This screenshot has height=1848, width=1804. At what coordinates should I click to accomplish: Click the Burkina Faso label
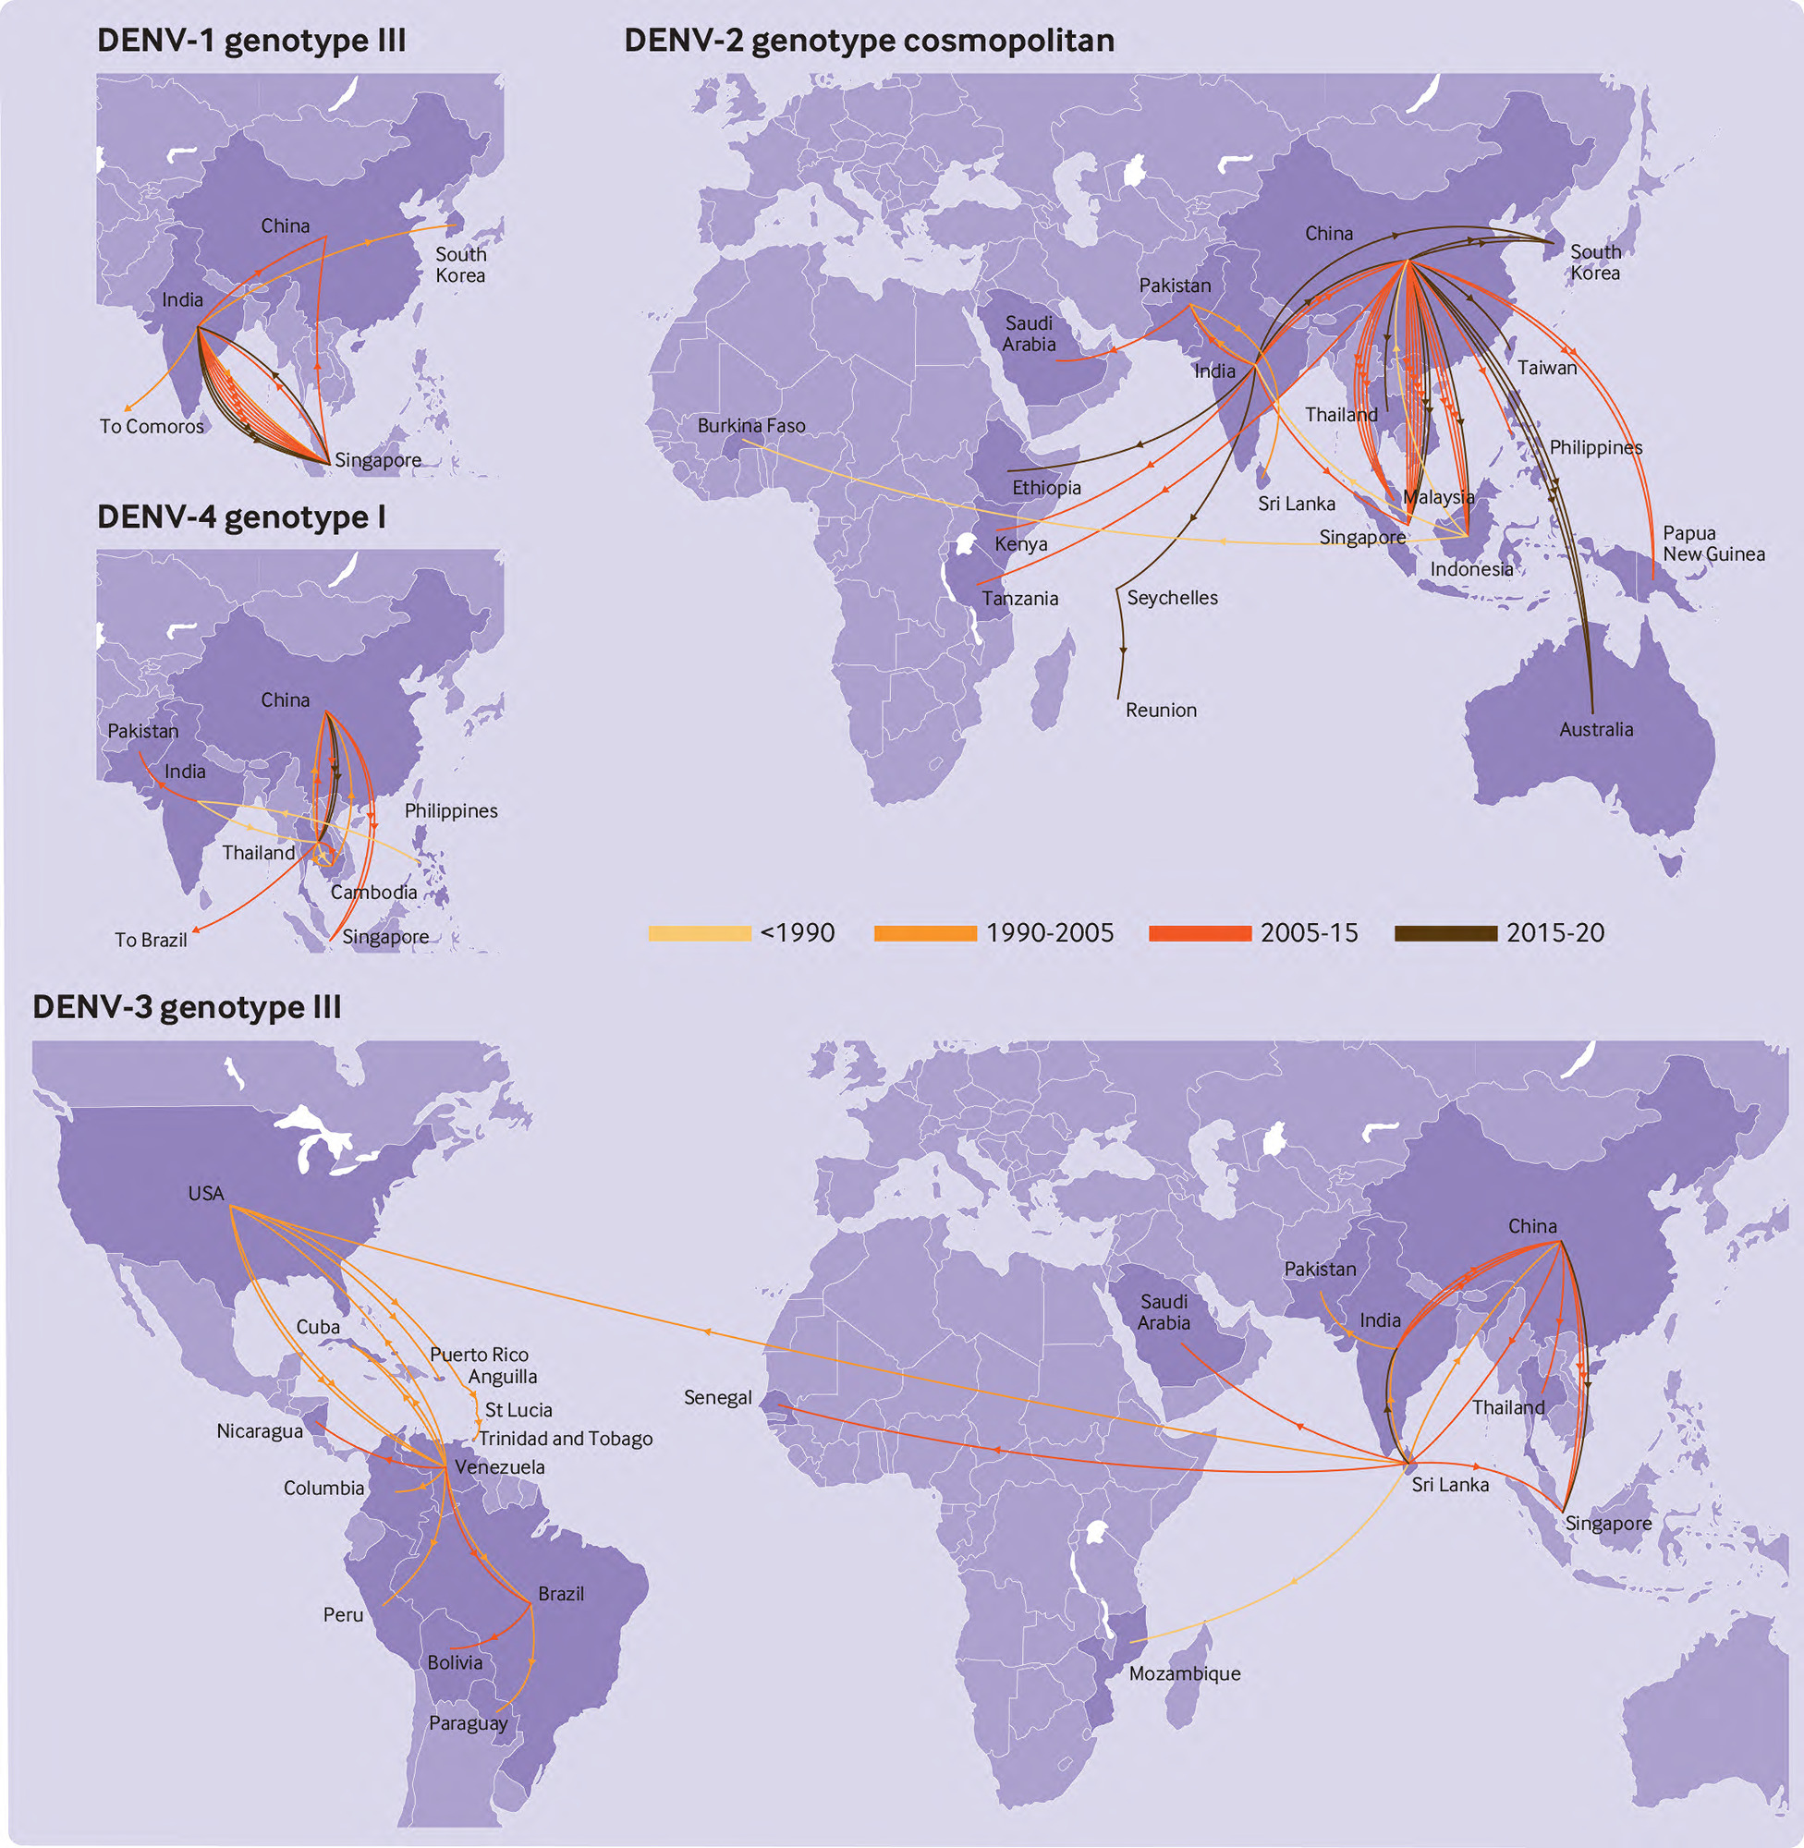click(751, 426)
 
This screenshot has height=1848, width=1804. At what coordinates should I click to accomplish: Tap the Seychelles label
click(1172, 598)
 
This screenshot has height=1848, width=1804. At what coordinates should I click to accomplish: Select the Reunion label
click(1161, 711)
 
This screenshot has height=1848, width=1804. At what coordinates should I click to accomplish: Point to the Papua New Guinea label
click(1713, 543)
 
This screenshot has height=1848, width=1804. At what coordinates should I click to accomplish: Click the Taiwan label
click(1546, 369)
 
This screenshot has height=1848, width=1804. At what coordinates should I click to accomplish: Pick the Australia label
click(1595, 729)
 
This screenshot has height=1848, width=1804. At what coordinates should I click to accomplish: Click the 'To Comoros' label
click(152, 426)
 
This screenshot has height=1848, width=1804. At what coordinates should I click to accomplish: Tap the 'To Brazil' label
click(151, 940)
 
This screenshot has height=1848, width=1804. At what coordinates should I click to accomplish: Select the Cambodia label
click(373, 893)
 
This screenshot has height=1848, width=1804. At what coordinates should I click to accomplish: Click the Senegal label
click(717, 1398)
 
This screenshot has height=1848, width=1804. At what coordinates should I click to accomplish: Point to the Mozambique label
click(1185, 1673)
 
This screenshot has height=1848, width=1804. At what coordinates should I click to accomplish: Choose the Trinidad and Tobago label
click(565, 1439)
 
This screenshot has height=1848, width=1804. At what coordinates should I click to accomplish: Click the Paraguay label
click(468, 1723)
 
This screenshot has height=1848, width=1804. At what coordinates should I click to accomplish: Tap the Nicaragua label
click(260, 1431)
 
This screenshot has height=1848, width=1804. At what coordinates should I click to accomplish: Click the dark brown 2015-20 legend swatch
click(1444, 934)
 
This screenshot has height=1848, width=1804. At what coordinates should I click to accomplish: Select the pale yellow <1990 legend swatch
click(700, 934)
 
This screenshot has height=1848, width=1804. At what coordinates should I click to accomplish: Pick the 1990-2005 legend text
click(1049, 934)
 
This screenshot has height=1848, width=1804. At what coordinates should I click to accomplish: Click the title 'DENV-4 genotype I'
click(240, 517)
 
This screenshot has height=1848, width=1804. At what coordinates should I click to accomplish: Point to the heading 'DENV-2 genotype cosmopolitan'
click(869, 41)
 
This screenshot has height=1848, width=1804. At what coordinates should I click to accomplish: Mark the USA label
click(205, 1194)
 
